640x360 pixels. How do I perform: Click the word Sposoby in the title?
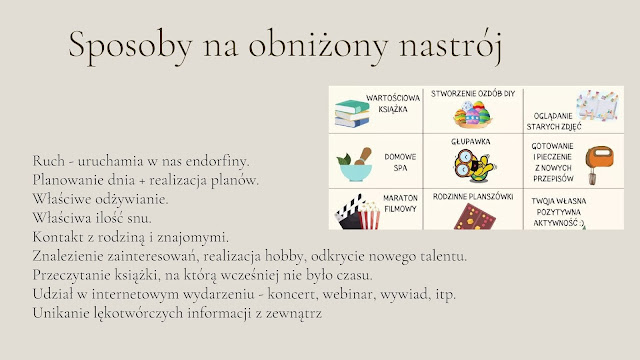point(130,45)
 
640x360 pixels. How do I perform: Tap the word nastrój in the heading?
point(450,47)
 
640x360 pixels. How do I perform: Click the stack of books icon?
point(352,113)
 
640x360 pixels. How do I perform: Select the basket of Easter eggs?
point(473,113)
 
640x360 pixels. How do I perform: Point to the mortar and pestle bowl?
point(354,164)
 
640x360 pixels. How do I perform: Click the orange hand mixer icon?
point(599,164)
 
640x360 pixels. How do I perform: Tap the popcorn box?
point(369,216)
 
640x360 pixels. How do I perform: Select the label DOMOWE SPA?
point(400,162)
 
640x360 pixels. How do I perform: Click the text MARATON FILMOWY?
point(400,203)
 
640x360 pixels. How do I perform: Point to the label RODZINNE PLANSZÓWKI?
point(473,197)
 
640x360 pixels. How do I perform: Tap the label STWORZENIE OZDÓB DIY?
point(473,93)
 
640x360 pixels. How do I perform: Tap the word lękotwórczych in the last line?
point(138,313)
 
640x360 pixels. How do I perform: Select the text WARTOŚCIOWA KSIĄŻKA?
point(393,103)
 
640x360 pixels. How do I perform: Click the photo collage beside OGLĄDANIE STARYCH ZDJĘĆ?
point(598,106)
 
